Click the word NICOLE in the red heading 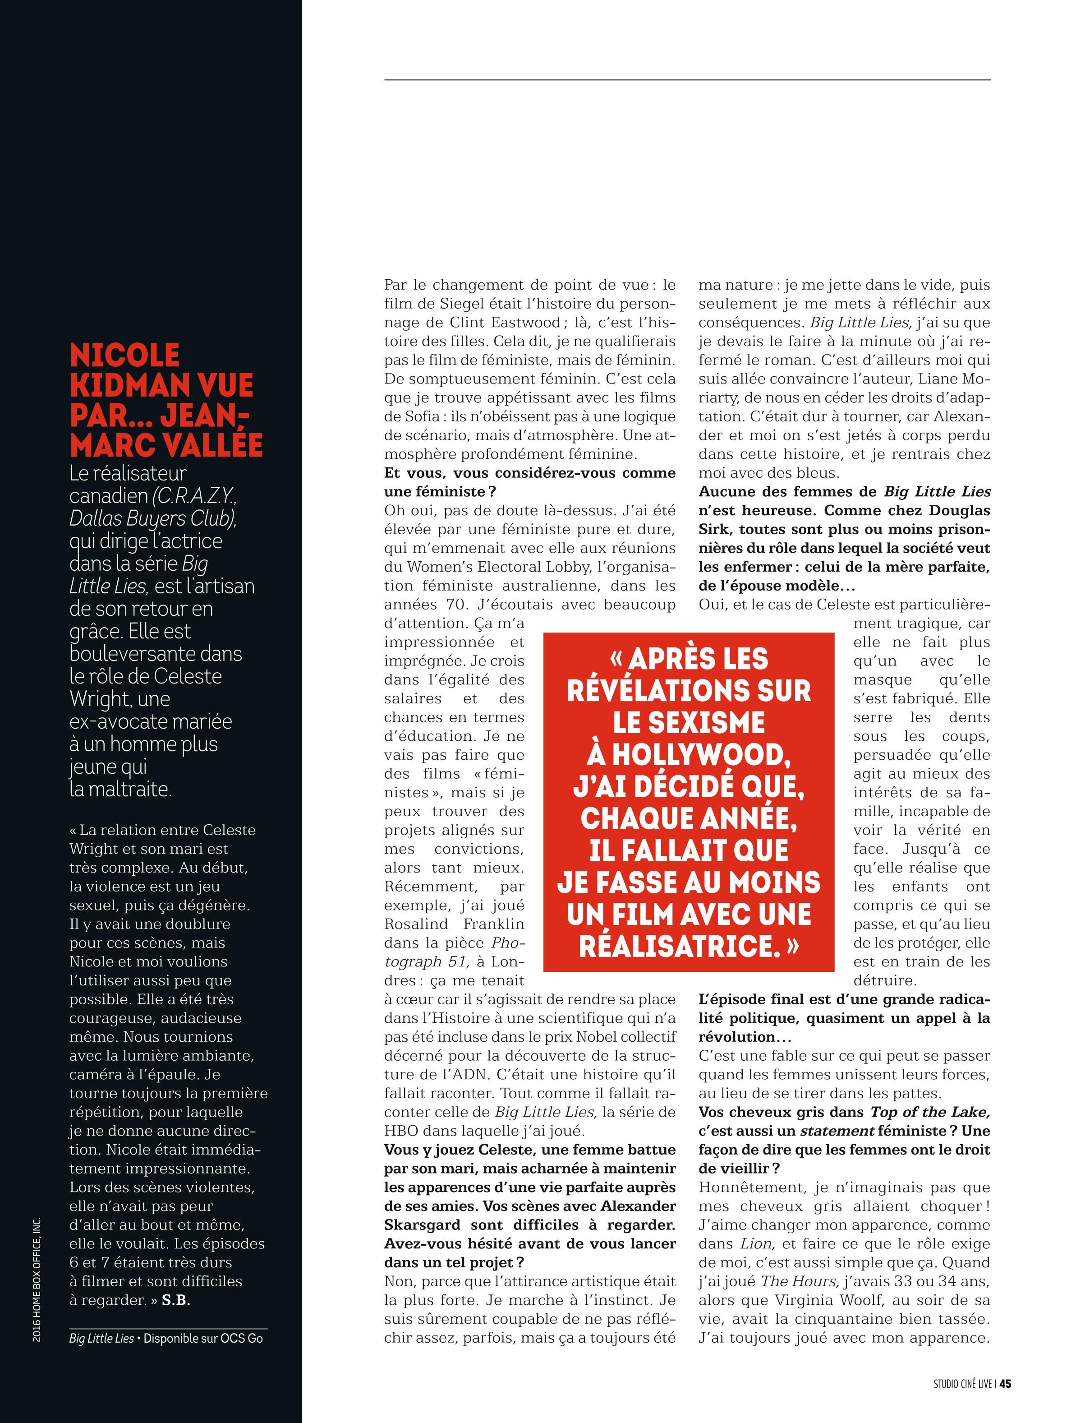pos(125,355)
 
